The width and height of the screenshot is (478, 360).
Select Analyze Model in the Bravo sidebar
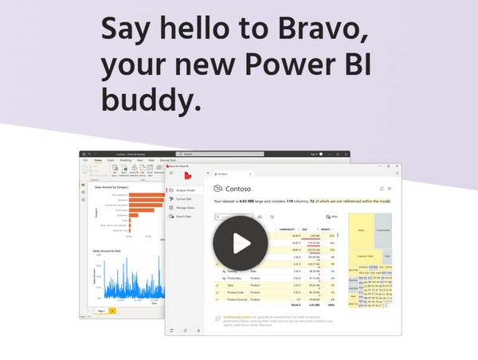tap(189, 190)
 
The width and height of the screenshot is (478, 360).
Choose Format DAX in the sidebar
tap(187, 199)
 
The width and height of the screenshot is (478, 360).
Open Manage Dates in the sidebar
tap(188, 207)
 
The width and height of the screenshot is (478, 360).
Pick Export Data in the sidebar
tap(186, 216)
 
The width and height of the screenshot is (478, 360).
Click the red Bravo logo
tap(186, 174)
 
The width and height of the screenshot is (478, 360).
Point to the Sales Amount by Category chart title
tap(111, 188)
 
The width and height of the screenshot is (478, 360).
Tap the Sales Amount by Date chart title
tap(108, 251)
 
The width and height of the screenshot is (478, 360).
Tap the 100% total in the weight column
tap(328, 304)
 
